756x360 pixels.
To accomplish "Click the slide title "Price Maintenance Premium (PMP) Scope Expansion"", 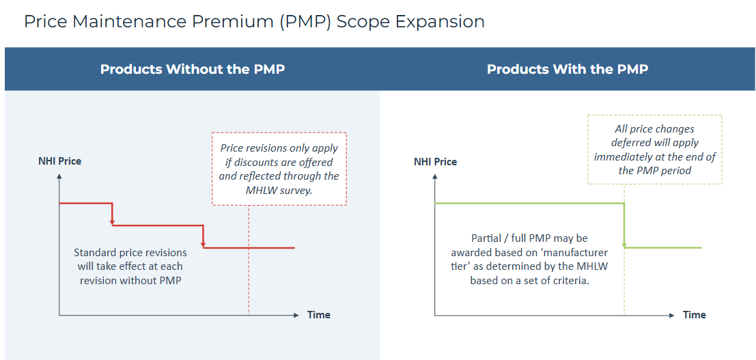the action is tap(254, 22).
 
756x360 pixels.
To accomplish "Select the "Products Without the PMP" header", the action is tap(193, 69).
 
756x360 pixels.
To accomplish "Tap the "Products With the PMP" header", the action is tap(568, 69).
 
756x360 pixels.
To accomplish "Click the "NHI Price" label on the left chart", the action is tap(60, 161).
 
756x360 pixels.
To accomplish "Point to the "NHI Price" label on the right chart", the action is tap(436, 161).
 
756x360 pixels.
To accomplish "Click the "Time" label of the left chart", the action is tap(319, 315).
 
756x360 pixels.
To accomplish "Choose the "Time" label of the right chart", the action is tap(695, 315).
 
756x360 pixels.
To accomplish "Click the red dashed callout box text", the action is tap(279, 169).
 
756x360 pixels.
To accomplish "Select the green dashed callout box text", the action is tap(655, 150).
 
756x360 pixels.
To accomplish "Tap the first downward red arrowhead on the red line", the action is tap(112, 222).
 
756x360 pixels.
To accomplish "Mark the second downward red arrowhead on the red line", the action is tap(204, 245).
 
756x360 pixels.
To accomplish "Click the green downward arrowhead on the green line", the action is tap(624, 245).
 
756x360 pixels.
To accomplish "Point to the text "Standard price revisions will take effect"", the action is tap(130, 259).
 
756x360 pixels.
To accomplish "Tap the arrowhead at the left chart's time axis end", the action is tap(296, 315).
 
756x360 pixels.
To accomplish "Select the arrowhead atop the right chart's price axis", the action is tap(435, 177).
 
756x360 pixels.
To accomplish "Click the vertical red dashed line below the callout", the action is tap(249, 260).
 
